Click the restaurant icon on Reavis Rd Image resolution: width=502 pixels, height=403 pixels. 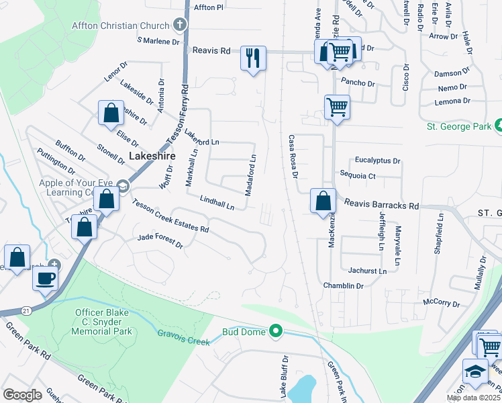pyautogui.click(x=254, y=57)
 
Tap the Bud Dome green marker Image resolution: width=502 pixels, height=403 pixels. pyautogui.click(x=275, y=330)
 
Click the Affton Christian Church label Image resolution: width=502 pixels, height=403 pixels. pyautogui.click(x=121, y=26)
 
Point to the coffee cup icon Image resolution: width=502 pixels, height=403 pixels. pyautogui.click(x=45, y=278)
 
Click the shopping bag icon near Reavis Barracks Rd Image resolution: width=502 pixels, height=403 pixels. pyautogui.click(x=323, y=200)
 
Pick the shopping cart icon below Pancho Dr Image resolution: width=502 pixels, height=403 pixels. pyautogui.click(x=336, y=105)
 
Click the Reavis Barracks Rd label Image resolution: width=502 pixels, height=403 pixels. pyautogui.click(x=381, y=205)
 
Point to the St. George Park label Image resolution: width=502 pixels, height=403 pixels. pyautogui.click(x=459, y=126)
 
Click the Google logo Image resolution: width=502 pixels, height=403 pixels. pyautogui.click(x=22, y=394)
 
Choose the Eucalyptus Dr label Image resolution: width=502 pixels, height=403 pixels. pyautogui.click(x=377, y=161)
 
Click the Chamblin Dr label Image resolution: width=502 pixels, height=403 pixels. pyautogui.click(x=346, y=285)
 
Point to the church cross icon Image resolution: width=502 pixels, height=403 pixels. pyautogui.click(x=179, y=26)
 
